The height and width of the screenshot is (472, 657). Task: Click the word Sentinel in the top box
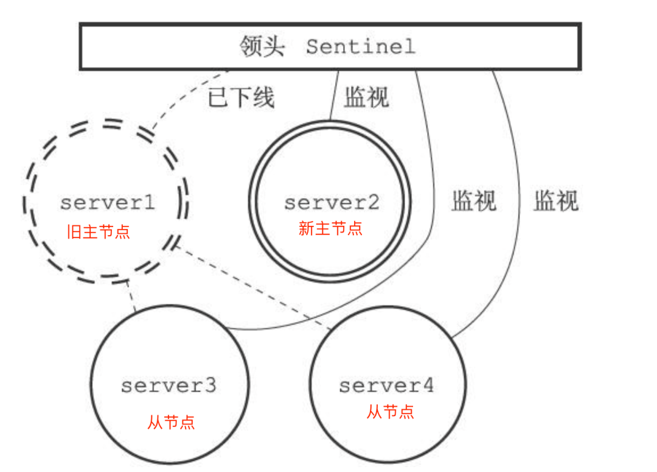point(360,46)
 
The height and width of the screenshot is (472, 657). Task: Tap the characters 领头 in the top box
point(262,47)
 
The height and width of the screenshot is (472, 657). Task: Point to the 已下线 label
point(242,97)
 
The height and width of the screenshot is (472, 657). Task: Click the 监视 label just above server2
point(366,97)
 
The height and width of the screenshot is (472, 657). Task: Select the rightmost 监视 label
point(556,201)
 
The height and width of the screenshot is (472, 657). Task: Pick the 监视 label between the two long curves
point(473,201)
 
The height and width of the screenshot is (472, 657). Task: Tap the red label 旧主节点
point(99,231)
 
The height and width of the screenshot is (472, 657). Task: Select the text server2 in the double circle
point(331,202)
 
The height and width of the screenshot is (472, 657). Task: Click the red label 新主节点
point(330,228)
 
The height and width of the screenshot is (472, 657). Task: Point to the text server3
point(169,385)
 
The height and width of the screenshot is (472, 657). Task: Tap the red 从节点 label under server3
point(171,422)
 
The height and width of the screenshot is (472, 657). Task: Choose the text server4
point(386,385)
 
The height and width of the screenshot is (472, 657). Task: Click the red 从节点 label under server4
point(390,412)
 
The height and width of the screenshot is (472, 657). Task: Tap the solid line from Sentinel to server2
point(333,94)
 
